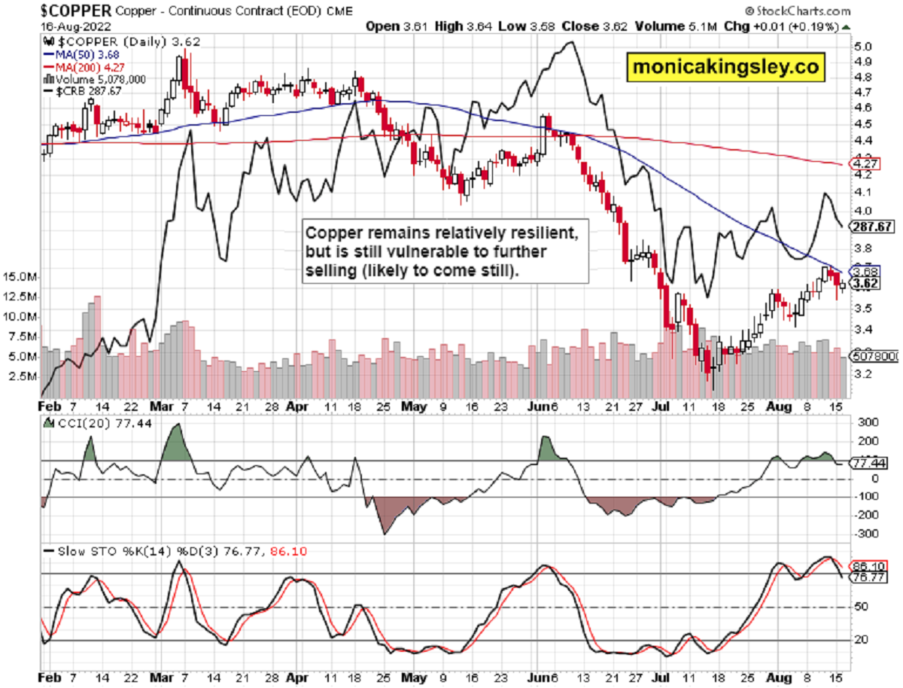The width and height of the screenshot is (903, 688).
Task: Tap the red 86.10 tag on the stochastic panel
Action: click(x=867, y=565)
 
